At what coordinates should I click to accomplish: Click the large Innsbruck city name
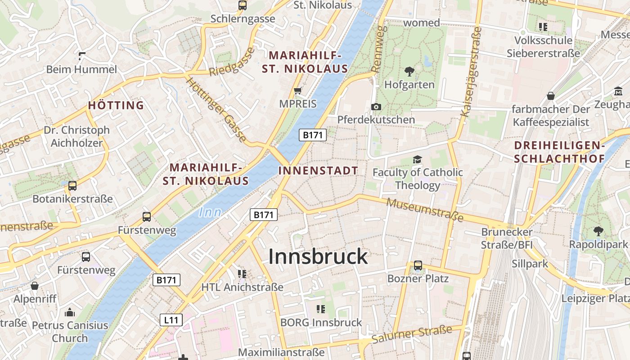[x=318, y=256]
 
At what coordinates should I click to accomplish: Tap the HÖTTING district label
[x=116, y=106]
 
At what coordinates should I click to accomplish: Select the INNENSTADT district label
[x=318, y=171]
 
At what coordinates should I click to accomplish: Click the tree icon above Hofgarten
[x=409, y=71]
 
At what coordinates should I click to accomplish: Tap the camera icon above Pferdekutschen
[x=376, y=107]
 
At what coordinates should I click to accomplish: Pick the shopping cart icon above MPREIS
[x=297, y=91]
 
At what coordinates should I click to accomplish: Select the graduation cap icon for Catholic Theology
[x=418, y=160]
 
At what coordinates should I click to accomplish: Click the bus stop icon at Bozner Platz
[x=418, y=265]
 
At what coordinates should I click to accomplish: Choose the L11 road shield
[x=171, y=320]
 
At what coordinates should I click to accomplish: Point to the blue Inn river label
[x=210, y=212]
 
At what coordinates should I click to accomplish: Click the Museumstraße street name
[x=425, y=210]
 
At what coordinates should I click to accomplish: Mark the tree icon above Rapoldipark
[x=598, y=231]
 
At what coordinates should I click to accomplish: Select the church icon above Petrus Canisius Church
[x=70, y=312]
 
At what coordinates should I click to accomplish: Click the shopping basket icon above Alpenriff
[x=35, y=286]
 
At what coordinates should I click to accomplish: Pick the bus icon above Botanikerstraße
[x=72, y=185]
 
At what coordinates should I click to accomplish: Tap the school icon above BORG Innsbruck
[x=320, y=309]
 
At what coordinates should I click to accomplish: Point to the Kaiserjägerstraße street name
[x=472, y=72]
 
